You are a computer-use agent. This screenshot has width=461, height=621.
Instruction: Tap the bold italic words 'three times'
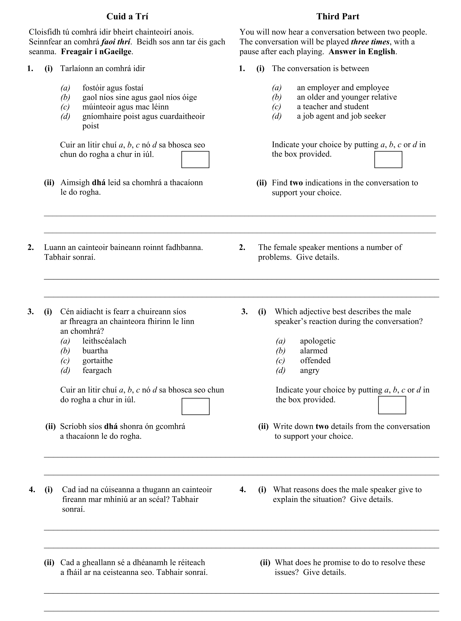coord(370,42)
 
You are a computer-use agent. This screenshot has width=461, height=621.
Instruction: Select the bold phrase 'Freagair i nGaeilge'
coord(97,52)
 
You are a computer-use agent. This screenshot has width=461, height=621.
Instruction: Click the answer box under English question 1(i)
coord(388,160)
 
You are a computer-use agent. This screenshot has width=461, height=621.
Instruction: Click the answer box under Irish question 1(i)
coord(195,160)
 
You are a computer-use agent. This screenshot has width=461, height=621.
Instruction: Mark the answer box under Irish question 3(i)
coord(195,406)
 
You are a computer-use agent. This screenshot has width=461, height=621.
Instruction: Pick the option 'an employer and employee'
coord(343,88)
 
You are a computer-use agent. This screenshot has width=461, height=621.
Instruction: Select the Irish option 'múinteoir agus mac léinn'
coord(125,107)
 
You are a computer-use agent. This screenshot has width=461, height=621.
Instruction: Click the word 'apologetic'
coord(317,341)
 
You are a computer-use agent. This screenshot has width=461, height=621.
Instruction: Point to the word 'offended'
coord(315,360)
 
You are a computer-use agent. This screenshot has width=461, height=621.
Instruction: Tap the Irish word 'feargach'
coord(97,371)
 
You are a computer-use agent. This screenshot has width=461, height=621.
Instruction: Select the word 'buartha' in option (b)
coord(95,351)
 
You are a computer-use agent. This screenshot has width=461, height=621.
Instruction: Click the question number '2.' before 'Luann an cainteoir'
coord(31,247)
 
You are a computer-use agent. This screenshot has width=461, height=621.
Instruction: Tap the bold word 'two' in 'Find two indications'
coord(296,183)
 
